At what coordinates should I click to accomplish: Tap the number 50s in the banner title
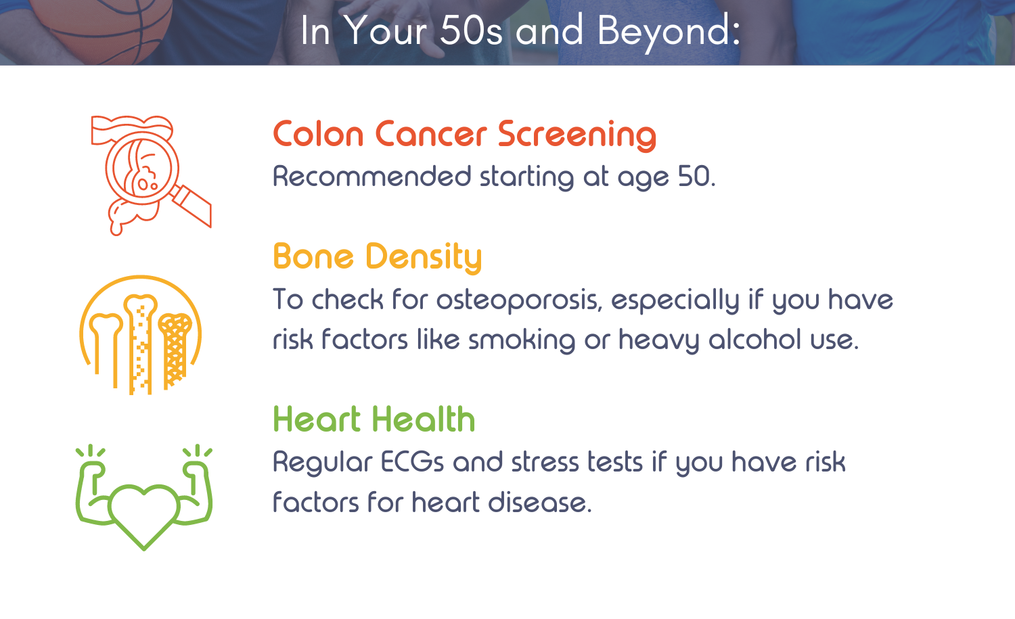471,31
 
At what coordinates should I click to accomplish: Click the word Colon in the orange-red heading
318,135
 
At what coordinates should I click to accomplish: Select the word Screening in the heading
577,135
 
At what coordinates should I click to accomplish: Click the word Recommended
372,177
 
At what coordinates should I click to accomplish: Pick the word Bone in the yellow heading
313,257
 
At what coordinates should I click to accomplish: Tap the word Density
423,258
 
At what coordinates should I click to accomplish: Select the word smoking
522,340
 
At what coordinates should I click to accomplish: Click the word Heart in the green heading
317,419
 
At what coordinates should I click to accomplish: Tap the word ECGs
412,462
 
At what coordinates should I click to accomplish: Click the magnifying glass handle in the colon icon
191,206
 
